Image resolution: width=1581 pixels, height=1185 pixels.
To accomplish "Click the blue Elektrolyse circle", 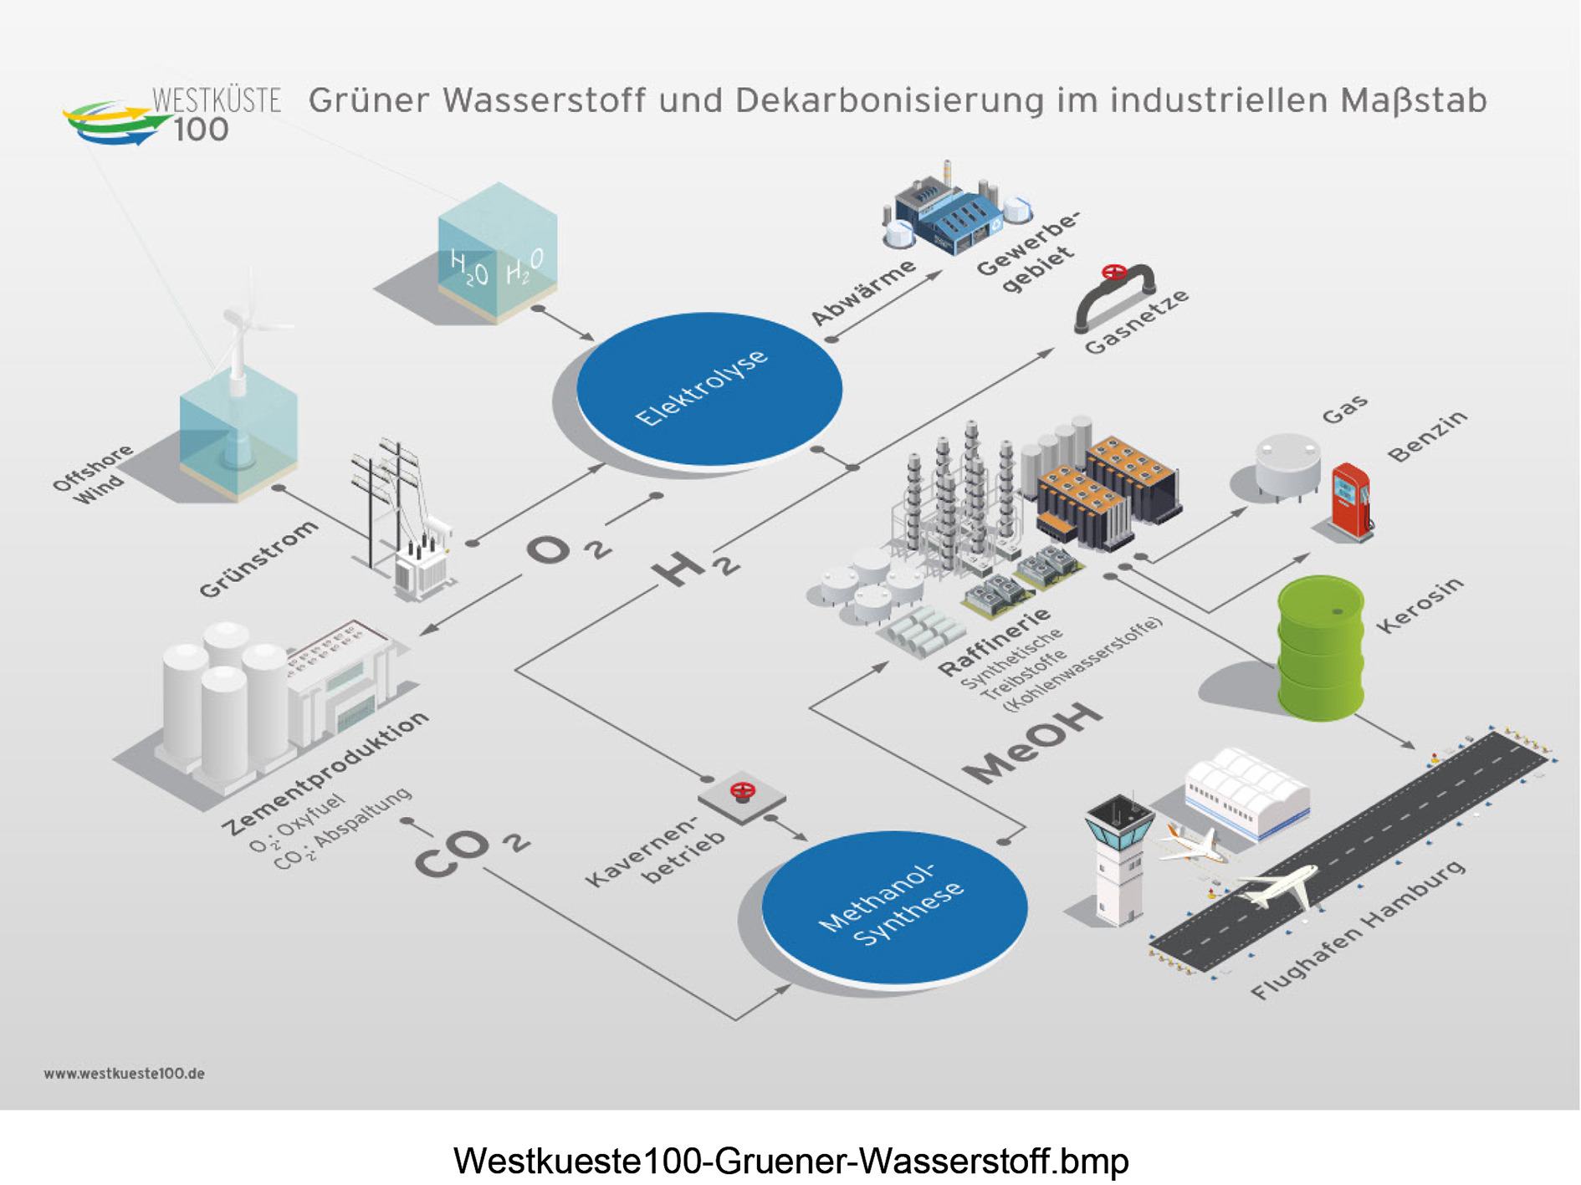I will click(709, 388).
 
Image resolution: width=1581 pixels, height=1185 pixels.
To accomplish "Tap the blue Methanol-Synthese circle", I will click(894, 907).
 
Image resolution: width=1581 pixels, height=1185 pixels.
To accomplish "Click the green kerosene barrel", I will click(1321, 647).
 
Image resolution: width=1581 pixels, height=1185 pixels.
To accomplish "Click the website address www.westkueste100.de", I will click(124, 1073).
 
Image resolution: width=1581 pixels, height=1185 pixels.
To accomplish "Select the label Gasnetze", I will click(1136, 323).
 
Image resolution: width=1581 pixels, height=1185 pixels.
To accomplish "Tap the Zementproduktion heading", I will click(325, 774).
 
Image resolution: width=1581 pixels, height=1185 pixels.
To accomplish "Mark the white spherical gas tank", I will click(1287, 465).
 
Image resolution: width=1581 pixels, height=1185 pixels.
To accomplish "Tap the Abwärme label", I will click(863, 292).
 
